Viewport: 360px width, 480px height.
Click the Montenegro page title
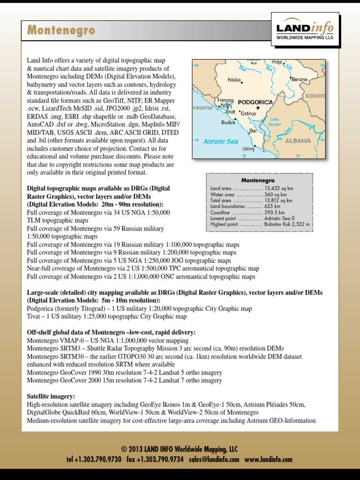[61, 31]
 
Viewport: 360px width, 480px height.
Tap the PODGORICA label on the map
[255, 102]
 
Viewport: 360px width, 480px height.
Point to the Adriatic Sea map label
[220, 141]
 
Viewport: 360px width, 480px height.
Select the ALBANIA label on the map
[298, 141]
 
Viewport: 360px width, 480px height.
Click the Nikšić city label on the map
[234, 80]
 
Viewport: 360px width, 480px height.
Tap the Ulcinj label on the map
[247, 150]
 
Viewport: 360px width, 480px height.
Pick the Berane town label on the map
[300, 80]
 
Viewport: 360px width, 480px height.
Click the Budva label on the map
[228, 122]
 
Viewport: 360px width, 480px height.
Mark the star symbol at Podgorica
[257, 108]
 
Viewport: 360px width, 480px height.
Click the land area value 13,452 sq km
[279, 188]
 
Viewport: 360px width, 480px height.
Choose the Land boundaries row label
[227, 206]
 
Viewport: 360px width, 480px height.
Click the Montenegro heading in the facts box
[258, 180]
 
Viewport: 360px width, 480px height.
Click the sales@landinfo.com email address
[214, 460]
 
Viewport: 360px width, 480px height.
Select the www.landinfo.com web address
[268, 460]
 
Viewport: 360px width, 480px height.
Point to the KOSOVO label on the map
[315, 96]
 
